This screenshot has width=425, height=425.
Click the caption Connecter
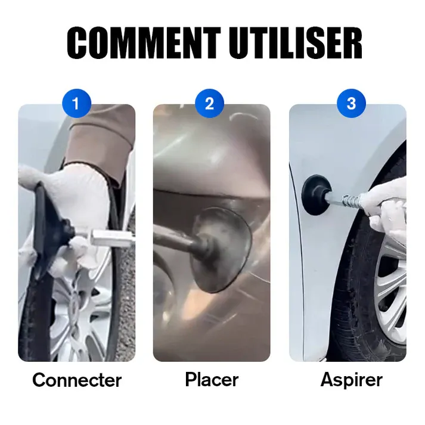point(77,380)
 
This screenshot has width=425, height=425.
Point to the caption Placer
point(212,380)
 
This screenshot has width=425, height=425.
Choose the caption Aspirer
point(351,380)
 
